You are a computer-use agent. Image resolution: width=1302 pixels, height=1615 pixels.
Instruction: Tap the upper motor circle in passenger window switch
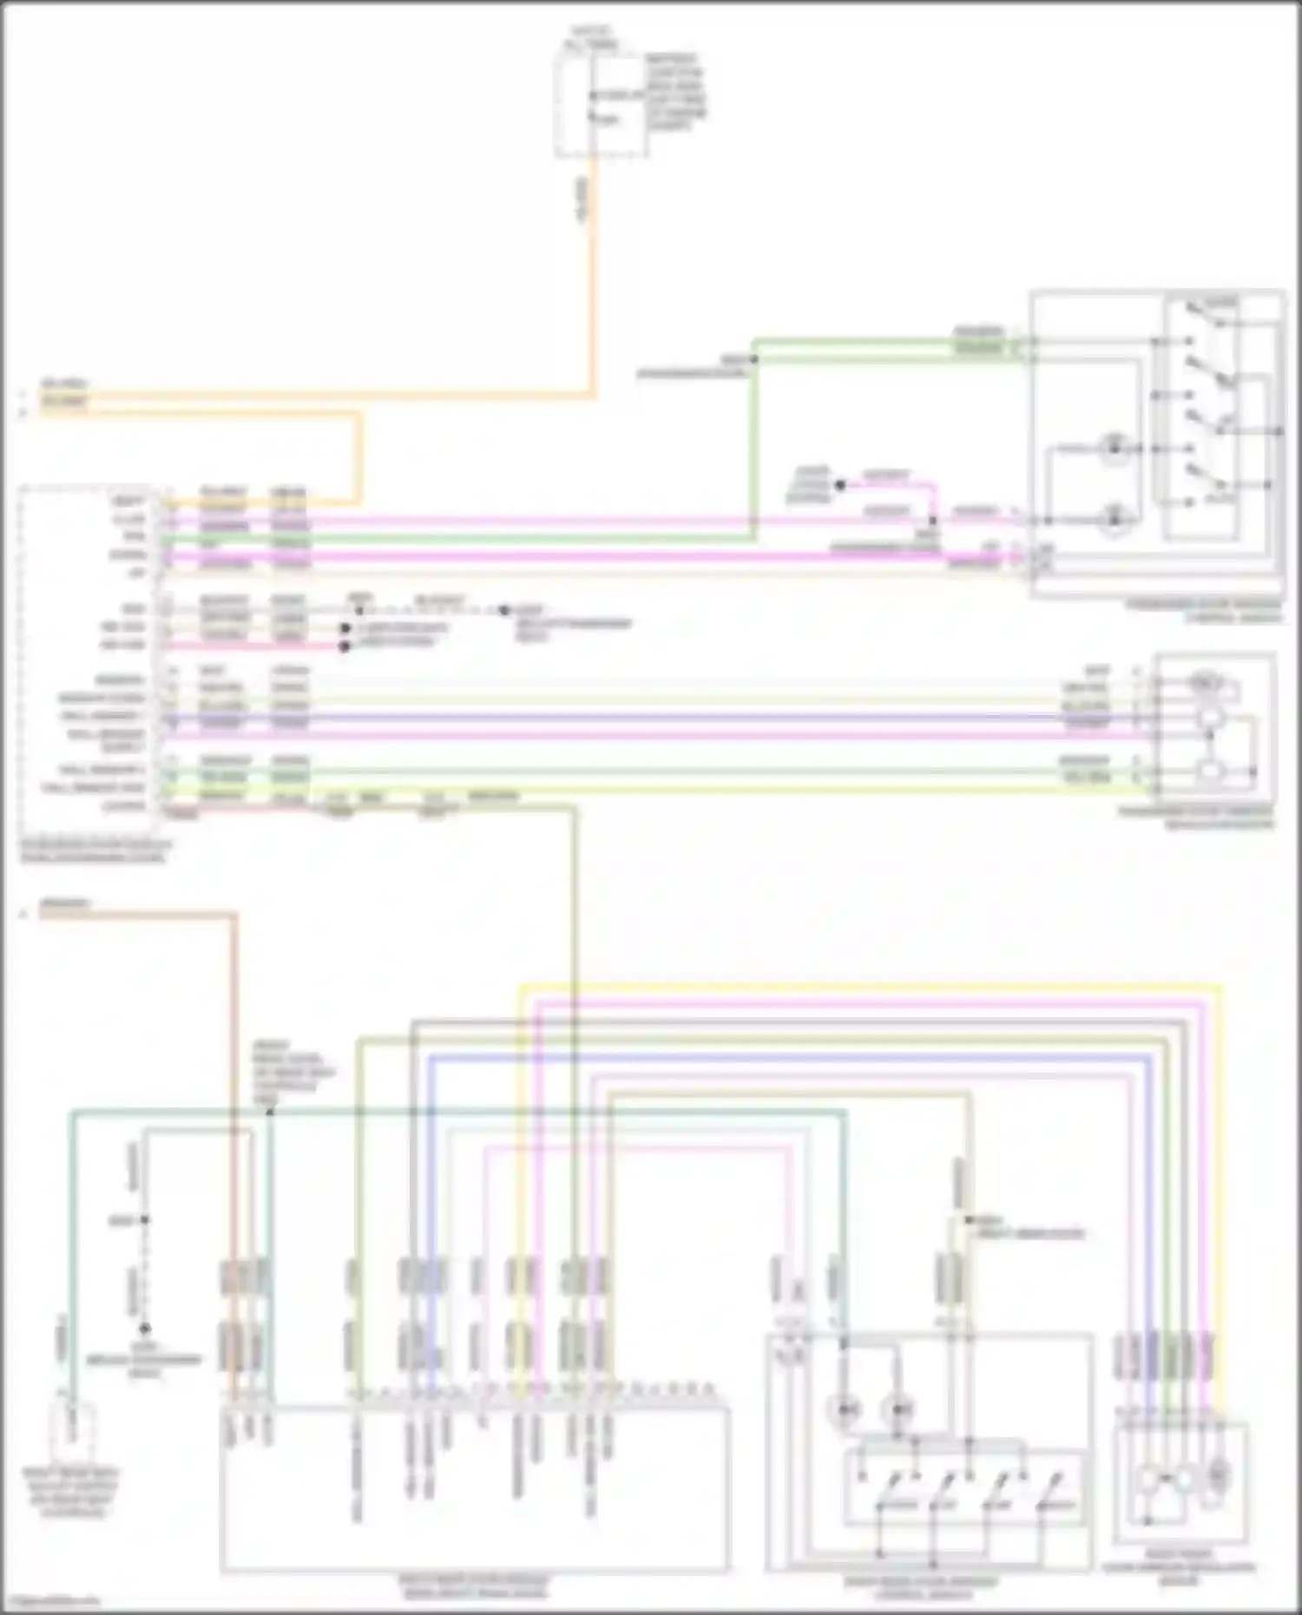tap(1115, 449)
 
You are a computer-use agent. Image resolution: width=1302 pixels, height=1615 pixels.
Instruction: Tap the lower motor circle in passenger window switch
tap(1115, 520)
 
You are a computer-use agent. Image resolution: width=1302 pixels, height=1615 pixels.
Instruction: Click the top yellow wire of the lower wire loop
tap(868, 986)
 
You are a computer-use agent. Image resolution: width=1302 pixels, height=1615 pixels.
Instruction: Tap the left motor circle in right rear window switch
tap(845, 1410)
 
